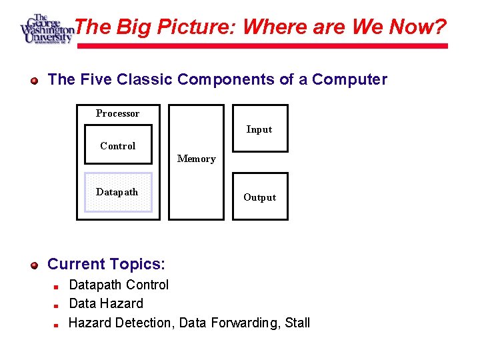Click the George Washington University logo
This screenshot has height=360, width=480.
46,28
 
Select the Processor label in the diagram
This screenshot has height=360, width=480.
117,113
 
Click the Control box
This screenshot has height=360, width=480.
118,145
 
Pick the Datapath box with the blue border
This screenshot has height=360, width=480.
118,192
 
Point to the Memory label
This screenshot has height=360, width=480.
196,159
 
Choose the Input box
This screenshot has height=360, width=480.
259,129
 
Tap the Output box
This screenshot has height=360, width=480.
259,196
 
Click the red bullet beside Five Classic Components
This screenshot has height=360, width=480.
35,81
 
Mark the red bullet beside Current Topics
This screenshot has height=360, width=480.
35,265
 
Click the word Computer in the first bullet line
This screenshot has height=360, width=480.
349,79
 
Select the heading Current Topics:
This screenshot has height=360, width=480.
106,264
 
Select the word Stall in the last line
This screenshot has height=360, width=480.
297,323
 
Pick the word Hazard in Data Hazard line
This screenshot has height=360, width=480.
122,303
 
